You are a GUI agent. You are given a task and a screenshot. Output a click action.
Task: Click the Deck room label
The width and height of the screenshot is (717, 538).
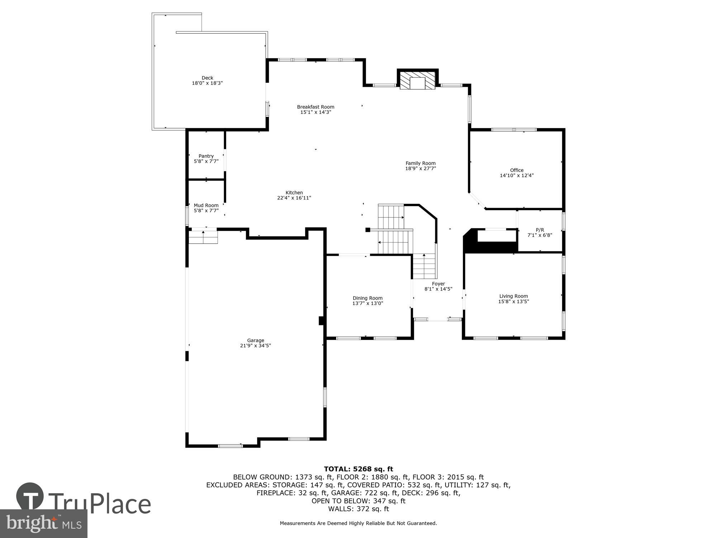(x=207, y=78)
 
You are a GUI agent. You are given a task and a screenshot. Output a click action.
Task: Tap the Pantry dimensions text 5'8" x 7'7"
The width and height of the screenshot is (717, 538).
(x=206, y=161)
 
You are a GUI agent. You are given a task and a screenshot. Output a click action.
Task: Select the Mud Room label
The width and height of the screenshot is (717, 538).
(x=206, y=206)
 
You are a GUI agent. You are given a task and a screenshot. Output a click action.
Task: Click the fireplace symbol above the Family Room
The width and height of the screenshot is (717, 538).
(x=417, y=81)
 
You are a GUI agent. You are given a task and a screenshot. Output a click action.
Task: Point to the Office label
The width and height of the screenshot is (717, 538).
(x=517, y=170)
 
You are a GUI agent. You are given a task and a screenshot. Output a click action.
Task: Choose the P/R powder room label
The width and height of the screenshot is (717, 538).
(x=540, y=230)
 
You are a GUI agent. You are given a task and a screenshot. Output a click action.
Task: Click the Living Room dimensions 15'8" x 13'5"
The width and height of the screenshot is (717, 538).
(x=513, y=302)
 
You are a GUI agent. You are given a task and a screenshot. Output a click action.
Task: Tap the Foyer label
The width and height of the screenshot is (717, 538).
(x=438, y=284)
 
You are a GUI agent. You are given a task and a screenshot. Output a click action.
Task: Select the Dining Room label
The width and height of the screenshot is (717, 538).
(x=367, y=298)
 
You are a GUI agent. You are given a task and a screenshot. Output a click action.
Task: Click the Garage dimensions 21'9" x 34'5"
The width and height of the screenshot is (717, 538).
(x=255, y=346)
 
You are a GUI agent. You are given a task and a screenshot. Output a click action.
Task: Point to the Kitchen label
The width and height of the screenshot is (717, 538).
(x=294, y=193)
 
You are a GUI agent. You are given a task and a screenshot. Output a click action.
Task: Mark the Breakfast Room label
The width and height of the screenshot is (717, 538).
(x=315, y=107)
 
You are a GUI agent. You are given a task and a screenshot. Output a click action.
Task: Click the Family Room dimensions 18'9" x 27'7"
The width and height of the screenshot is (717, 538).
(x=420, y=168)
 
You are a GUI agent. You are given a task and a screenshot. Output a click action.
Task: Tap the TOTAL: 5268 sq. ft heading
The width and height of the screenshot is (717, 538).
(x=358, y=469)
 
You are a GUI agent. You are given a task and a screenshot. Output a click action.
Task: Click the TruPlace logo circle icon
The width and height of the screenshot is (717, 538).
(x=30, y=497)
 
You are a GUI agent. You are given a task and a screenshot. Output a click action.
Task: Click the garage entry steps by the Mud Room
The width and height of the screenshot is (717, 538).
(x=203, y=237)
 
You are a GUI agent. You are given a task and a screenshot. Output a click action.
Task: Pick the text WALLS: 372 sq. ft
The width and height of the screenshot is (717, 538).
(x=358, y=509)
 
